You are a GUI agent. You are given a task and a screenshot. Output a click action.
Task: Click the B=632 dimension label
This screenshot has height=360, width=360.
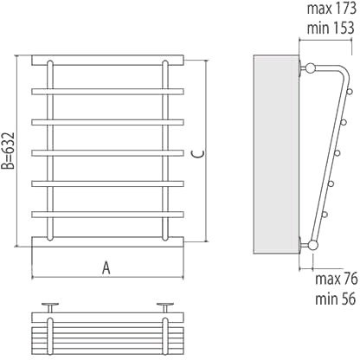point(8,151)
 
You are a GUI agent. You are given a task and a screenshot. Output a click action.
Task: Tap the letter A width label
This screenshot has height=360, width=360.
point(106,268)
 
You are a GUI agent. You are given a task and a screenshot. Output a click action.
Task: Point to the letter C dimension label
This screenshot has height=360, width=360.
point(198,154)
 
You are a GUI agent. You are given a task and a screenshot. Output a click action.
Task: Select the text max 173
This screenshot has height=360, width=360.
point(331,9)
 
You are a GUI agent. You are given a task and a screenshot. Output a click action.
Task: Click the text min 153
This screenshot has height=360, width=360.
point(331,29)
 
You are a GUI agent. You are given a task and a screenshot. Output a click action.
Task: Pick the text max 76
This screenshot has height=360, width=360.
point(337,279)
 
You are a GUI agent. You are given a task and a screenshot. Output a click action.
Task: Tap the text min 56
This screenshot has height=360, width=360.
point(335,299)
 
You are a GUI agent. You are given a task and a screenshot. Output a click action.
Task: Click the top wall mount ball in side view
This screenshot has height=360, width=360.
point(311,68)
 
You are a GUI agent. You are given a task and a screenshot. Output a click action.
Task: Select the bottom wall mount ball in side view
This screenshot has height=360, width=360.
point(312,245)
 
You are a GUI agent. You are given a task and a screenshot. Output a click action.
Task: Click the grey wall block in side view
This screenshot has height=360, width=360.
point(276,155)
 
